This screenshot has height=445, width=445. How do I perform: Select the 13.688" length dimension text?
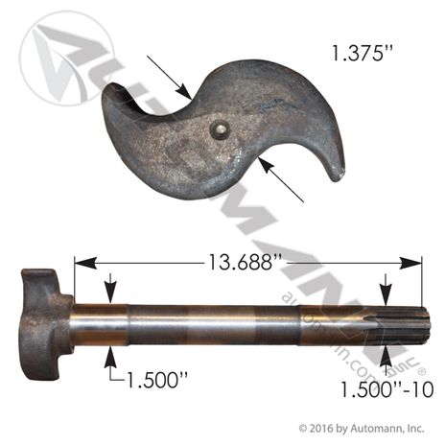coord(245,262)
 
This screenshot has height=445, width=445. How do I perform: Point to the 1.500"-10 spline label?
coord(387,389)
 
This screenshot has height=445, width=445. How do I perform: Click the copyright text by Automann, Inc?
coord(362,428)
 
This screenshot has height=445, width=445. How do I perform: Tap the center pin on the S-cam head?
coord(222,129)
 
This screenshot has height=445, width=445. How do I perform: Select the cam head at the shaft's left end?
coord(46,324)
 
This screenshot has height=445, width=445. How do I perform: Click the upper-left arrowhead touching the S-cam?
coord(185,91)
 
